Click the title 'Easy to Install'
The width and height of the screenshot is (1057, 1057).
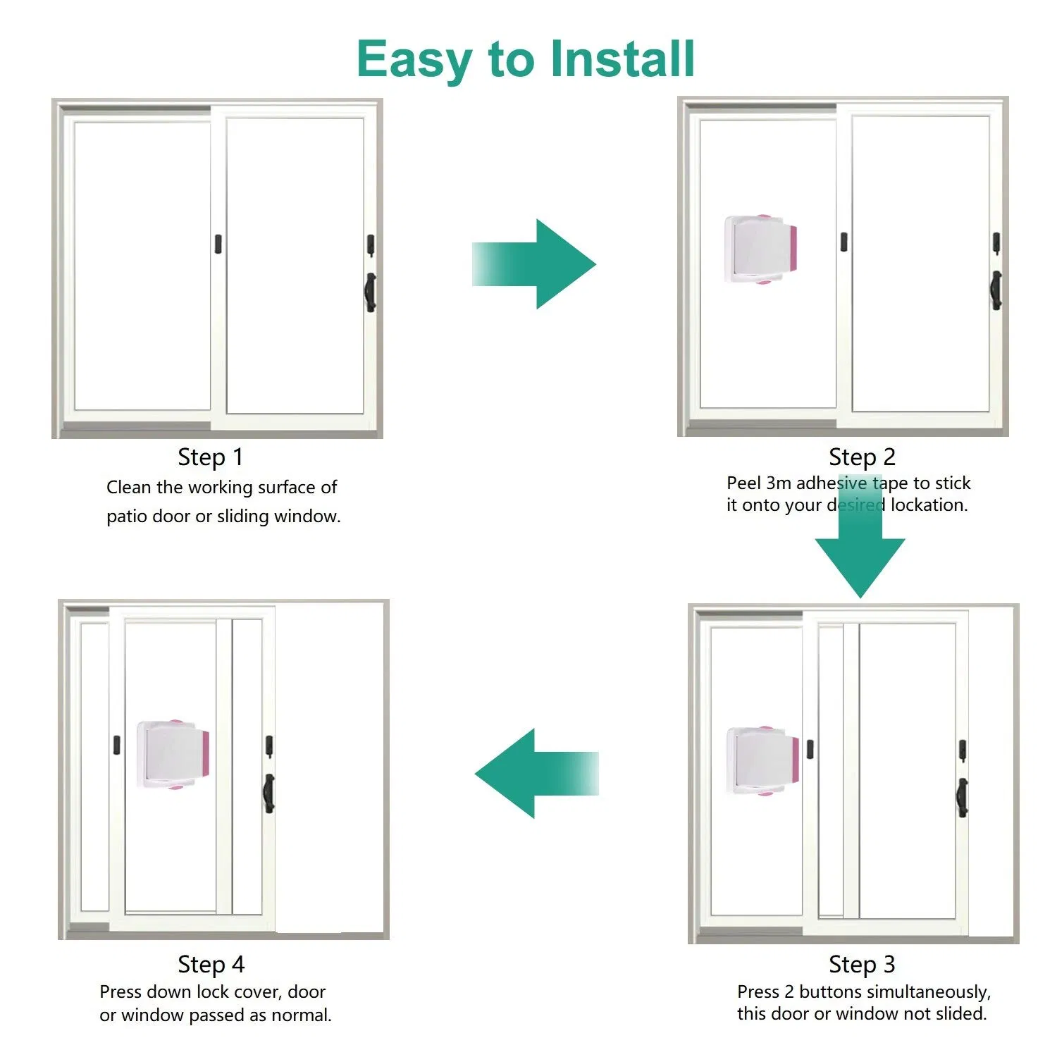point(526,59)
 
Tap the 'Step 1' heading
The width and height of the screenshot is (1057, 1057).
point(210,457)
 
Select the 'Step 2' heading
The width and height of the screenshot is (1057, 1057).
point(861,457)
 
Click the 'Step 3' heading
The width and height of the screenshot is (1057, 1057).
point(861,964)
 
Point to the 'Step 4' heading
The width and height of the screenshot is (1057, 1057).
point(211,964)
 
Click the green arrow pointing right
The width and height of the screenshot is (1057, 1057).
point(535,264)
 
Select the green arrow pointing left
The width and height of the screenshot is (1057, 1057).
point(536,774)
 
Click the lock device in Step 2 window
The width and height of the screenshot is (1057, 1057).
point(761,249)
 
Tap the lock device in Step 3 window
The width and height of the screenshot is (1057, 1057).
point(763,761)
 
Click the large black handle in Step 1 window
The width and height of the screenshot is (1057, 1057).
point(370,292)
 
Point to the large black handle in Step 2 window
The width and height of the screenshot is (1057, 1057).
point(996,290)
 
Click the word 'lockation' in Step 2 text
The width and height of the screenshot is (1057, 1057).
point(929,505)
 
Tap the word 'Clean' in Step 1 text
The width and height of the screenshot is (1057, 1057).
point(128,488)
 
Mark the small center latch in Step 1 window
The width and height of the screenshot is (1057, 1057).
point(219,243)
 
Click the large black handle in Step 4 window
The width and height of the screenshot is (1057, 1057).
point(268,793)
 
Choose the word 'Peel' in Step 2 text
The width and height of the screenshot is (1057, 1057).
point(743,483)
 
